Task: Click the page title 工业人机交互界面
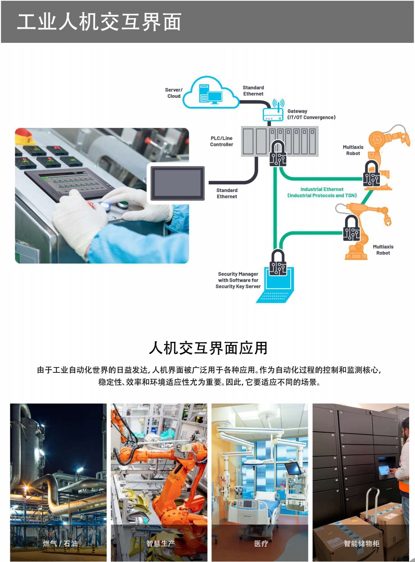coord(99,22)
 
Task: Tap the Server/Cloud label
coord(174,93)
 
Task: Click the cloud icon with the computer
coord(214,93)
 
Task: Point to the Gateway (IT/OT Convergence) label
coord(311,114)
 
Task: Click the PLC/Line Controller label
coord(222,141)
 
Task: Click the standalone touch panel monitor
coord(177,183)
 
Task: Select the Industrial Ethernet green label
coord(322,192)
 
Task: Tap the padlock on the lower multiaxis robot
coord(351,228)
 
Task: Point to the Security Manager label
coord(238,280)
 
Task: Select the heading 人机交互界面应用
coord(208,348)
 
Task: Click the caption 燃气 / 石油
coord(60,543)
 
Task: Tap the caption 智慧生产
coord(160,543)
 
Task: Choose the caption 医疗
coord(261,543)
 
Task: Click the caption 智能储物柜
coord(361,543)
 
